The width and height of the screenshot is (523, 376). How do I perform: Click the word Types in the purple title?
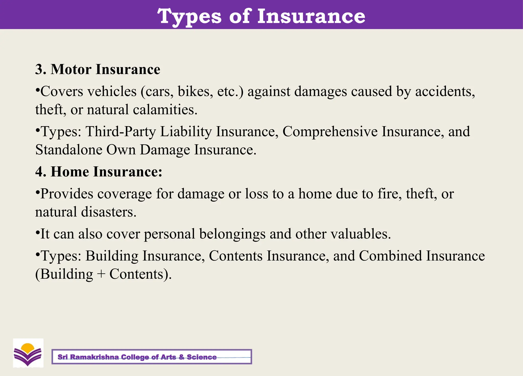pos(189,16)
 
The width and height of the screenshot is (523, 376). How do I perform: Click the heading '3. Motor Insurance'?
pos(98,69)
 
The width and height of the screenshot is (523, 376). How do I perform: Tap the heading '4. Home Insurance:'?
pos(99,172)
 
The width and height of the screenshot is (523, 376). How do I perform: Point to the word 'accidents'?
pos(445,92)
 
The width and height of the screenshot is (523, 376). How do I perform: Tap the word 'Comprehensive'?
pos(330,132)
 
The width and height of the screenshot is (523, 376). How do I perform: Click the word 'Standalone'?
pos(69,150)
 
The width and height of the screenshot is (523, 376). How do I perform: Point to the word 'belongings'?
pos(232,234)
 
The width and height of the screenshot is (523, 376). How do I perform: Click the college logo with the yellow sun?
pos(28,353)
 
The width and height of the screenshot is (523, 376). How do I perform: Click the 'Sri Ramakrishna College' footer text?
pos(137,357)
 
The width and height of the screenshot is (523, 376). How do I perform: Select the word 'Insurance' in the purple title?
pos(311,16)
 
